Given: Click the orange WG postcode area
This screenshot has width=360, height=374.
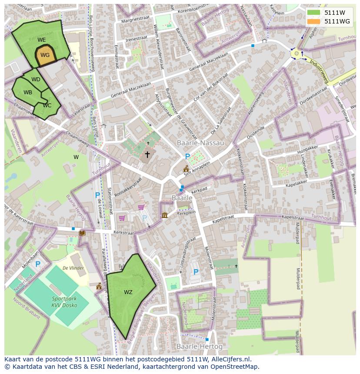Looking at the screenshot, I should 45,55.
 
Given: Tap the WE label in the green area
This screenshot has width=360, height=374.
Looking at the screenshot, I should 41,40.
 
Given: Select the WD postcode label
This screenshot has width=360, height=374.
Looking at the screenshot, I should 36,79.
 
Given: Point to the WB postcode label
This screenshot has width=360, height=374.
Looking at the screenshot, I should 28,93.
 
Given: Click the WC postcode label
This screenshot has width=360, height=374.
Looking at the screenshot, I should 47,106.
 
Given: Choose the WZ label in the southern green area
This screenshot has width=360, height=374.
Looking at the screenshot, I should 128,292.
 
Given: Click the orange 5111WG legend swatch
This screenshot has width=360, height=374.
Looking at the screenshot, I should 313,21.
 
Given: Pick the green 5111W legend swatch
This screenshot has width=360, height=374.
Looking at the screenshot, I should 313,13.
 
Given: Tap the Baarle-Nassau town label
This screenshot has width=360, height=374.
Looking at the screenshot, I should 200,142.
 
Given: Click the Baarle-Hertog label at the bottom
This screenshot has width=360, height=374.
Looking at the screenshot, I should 200,346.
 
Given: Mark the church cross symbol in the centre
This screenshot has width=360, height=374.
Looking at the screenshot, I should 147,154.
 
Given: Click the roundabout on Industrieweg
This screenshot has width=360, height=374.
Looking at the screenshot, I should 297,53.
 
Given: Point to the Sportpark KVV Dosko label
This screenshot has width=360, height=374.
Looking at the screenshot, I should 64,302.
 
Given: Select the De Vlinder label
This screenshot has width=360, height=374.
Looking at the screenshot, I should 73,268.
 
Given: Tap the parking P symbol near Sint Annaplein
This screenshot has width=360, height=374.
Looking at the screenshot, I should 187,156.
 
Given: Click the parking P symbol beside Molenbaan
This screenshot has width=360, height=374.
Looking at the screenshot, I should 38,264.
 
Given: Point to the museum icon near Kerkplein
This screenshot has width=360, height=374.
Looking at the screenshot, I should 164,215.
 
